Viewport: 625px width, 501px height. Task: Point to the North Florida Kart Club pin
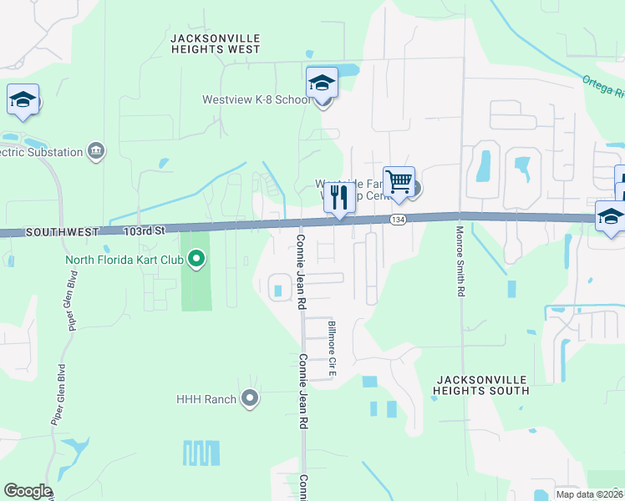pos(196,259)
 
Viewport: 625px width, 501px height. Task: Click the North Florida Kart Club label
pos(124,259)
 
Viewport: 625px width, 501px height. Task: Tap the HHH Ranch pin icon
pos(250,398)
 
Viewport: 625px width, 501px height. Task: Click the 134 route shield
pos(397,219)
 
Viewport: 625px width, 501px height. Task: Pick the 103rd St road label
pos(145,229)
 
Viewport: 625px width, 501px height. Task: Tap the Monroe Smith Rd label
pos(460,261)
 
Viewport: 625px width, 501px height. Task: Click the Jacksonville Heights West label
pos(216,44)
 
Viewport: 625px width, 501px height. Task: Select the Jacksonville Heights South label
pos(482,384)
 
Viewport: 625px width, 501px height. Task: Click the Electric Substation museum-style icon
pos(96,151)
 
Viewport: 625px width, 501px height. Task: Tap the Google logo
pos(28,491)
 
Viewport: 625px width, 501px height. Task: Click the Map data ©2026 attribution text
pos(590,494)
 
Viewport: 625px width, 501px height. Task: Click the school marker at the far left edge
pos(23,100)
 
